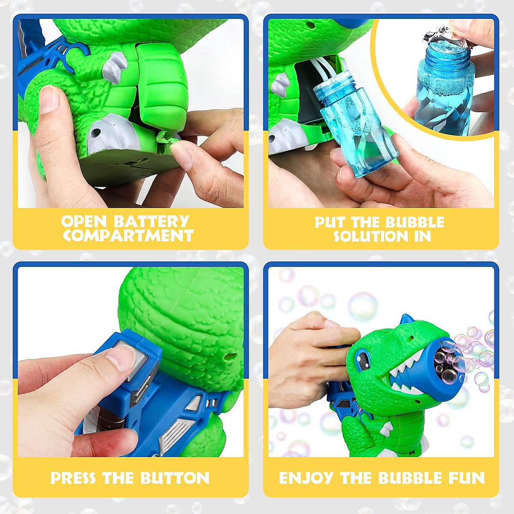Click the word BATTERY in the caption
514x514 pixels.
tap(151, 221)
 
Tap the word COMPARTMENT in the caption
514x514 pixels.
tap(128, 235)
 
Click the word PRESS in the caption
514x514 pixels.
tap(72, 478)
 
